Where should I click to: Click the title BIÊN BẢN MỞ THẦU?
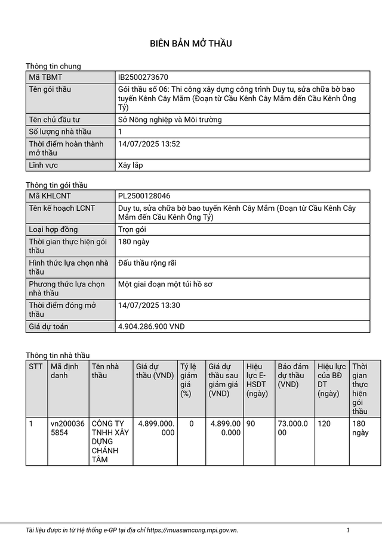(190, 43)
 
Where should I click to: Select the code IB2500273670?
(143, 77)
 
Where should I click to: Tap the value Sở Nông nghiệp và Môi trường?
(170, 120)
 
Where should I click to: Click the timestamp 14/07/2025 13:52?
(149, 144)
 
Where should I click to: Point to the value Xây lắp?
(131, 165)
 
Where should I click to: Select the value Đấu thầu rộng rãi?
(147, 263)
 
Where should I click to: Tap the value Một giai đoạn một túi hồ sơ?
(165, 284)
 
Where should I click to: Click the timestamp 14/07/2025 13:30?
(149, 306)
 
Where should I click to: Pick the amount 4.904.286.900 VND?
(152, 326)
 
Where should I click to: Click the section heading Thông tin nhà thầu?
(57, 356)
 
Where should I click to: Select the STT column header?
(36, 366)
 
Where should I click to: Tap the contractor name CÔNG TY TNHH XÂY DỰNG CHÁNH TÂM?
(110, 441)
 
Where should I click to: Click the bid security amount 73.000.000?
(293, 428)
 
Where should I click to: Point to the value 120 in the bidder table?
(324, 423)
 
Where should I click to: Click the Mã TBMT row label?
(45, 77)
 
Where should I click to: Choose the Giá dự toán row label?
(48, 326)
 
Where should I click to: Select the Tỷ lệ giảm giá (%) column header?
(189, 379)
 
